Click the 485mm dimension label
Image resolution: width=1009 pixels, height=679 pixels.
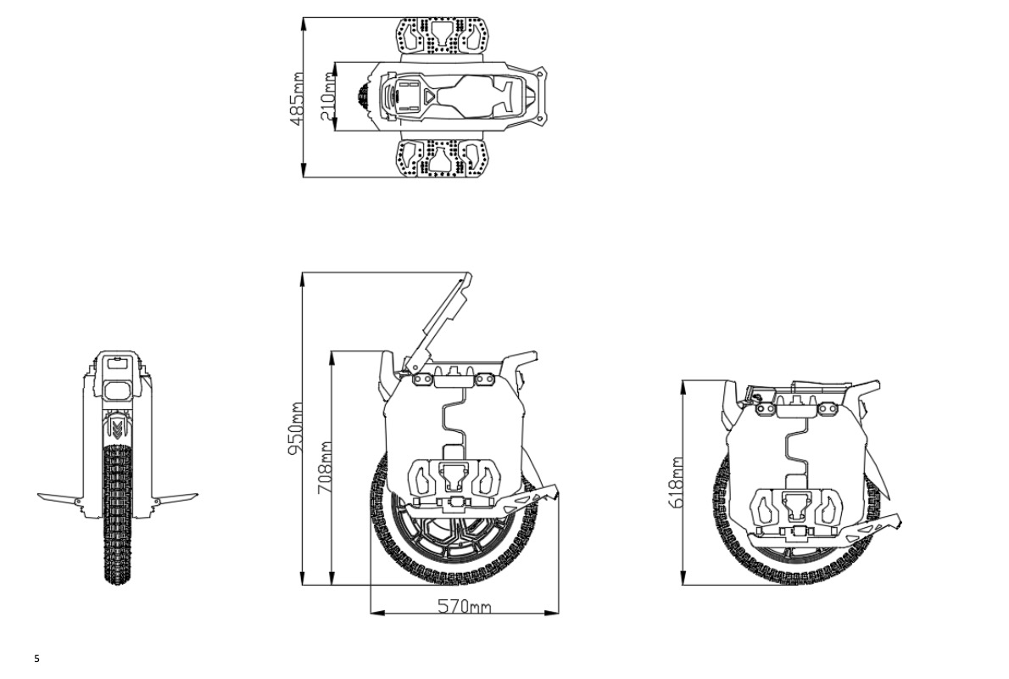297,98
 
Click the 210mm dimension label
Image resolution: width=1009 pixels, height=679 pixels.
327,96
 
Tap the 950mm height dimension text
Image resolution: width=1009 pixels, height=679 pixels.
296,429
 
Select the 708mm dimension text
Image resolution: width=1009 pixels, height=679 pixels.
325,468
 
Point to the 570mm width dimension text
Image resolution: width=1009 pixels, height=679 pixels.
464,606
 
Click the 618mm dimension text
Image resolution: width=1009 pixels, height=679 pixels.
676,483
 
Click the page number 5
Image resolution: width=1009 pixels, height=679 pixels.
36,659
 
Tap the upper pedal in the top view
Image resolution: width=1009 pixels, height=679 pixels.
442,37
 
